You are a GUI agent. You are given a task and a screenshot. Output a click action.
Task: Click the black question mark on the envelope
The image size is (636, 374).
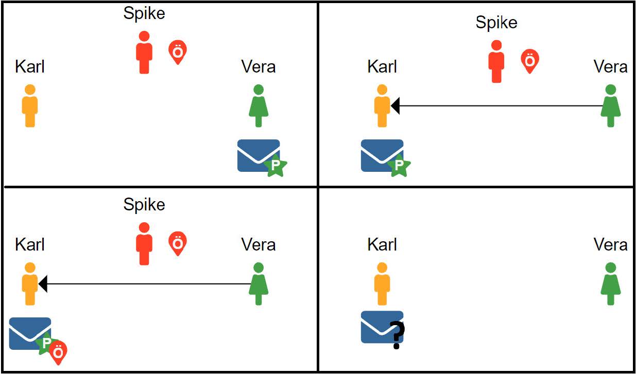(x=397, y=335)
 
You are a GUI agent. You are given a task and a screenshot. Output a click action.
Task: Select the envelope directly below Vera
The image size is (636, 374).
(x=258, y=155)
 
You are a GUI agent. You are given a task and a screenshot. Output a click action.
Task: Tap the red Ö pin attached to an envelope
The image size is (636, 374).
(x=58, y=352)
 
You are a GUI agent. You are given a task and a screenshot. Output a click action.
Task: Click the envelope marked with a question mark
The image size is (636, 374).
(x=382, y=327)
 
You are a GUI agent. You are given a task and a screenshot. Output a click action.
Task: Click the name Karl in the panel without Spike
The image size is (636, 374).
(x=382, y=245)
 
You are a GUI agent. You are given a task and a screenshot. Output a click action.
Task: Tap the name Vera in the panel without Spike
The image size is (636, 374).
(x=610, y=245)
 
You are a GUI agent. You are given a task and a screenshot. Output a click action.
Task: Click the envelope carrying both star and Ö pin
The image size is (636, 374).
(x=30, y=333)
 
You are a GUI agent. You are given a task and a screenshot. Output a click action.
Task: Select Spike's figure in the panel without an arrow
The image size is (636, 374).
(x=144, y=52)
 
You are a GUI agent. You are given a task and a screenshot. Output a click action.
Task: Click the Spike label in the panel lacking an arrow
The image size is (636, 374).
(x=144, y=13)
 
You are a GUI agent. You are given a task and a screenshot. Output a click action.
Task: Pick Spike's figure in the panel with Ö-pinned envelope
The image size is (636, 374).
(x=144, y=244)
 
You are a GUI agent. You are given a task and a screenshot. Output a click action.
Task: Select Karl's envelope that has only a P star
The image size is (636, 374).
(x=382, y=155)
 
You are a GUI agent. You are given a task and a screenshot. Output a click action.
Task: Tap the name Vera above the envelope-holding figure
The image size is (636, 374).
(x=258, y=67)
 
